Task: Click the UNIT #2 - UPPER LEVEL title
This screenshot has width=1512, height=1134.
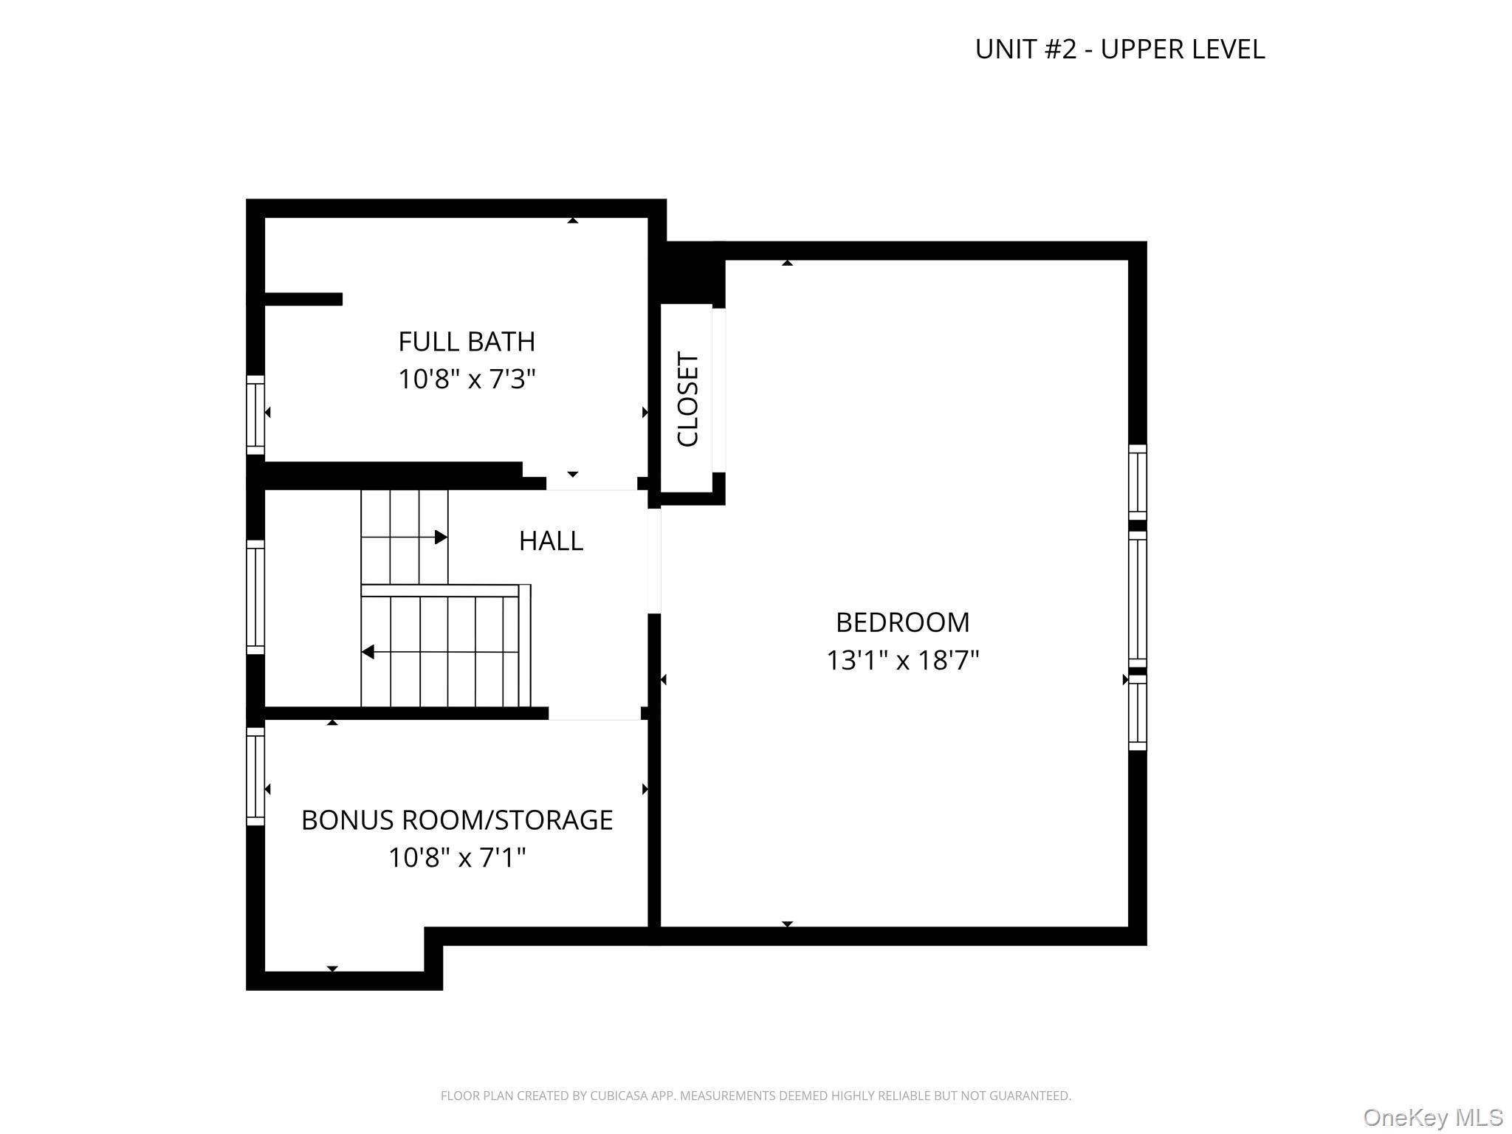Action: click(x=1119, y=49)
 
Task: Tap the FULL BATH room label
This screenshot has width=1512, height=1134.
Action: click(x=466, y=342)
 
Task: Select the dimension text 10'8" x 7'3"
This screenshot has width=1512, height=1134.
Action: click(x=466, y=379)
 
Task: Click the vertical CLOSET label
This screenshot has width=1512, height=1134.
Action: click(x=687, y=399)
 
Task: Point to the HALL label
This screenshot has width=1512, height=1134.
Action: click(x=551, y=541)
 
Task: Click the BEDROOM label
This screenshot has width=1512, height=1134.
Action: click(x=902, y=622)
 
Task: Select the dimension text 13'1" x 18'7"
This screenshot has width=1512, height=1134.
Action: click(x=902, y=660)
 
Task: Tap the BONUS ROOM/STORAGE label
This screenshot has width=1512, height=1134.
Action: click(x=457, y=820)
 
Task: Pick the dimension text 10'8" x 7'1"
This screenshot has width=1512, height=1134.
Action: click(x=457, y=858)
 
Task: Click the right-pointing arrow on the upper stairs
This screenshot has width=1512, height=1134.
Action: click(x=440, y=537)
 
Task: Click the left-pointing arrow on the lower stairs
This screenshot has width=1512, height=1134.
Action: click(x=368, y=652)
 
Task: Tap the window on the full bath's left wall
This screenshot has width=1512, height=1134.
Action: click(x=255, y=414)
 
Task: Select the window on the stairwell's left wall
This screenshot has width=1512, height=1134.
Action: click(x=255, y=597)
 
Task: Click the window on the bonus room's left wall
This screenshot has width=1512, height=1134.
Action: click(x=255, y=776)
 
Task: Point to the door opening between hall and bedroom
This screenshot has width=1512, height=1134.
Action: click(x=654, y=561)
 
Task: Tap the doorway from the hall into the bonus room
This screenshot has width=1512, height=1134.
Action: click(x=594, y=713)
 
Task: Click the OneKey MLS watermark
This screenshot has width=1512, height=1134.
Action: click(x=1433, y=1118)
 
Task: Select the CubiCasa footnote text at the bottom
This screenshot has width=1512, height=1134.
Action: click(x=755, y=1096)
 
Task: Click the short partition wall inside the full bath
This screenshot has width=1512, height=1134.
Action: click(x=303, y=299)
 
